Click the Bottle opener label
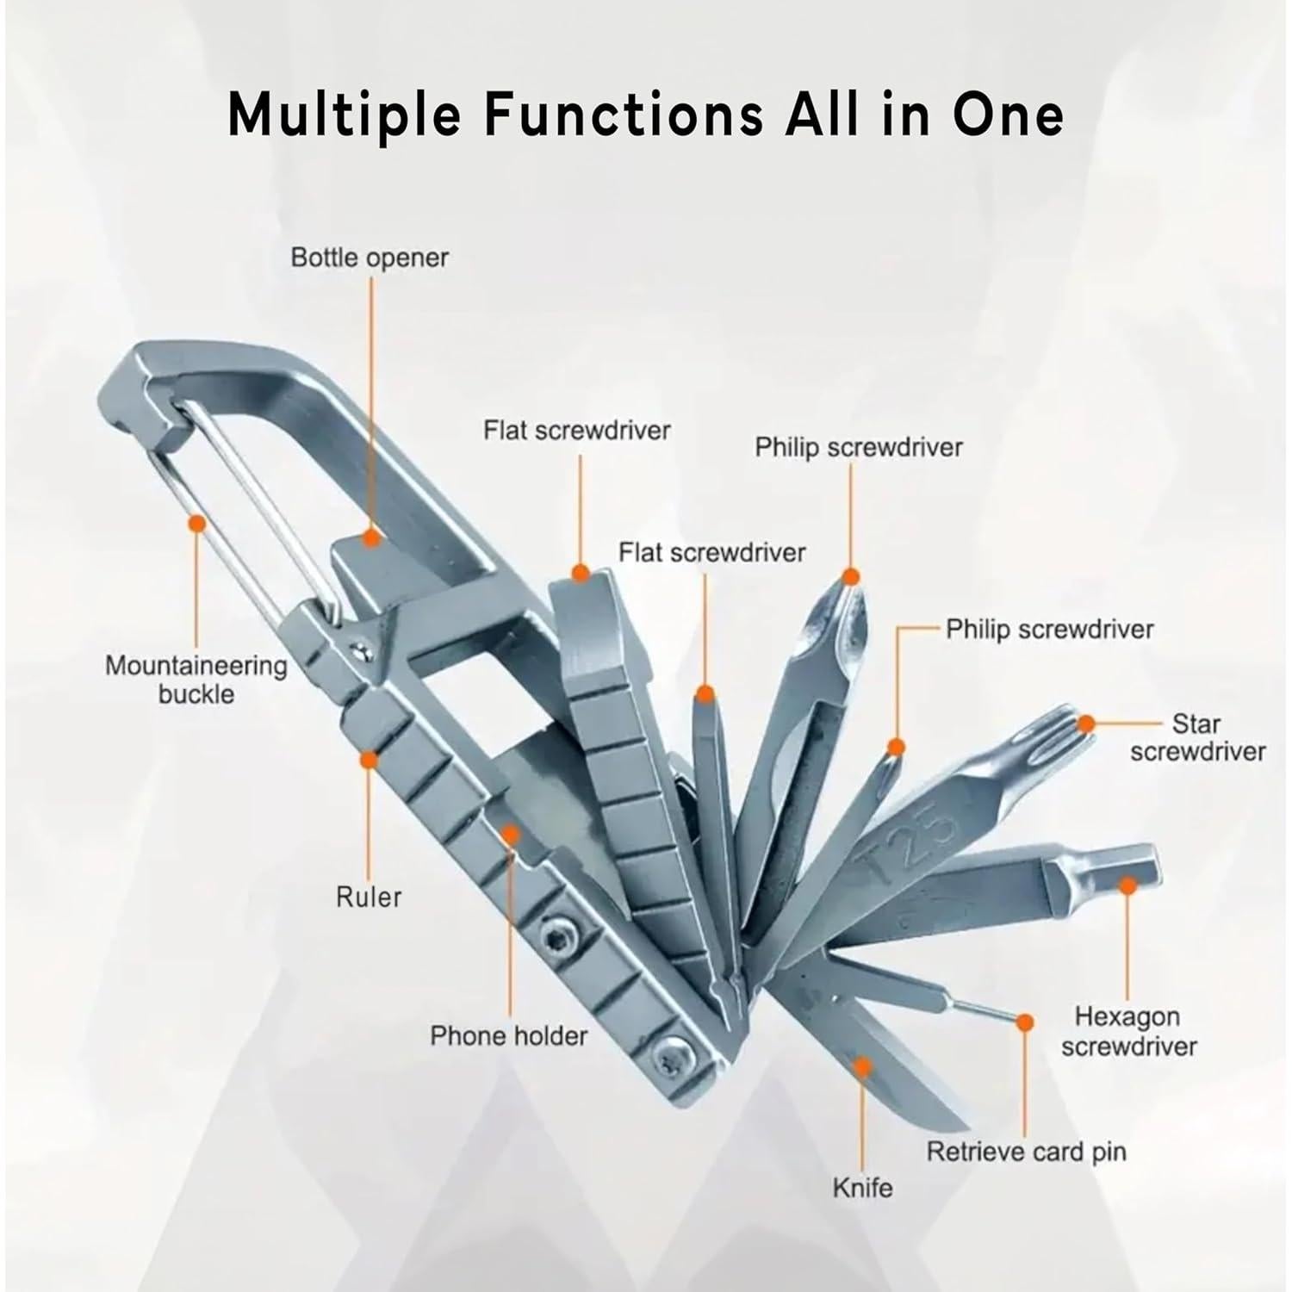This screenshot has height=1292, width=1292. click(x=370, y=258)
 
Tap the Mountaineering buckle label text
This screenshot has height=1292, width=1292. click(x=196, y=679)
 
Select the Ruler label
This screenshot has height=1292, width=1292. click(x=369, y=897)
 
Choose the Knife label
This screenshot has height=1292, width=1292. click(x=862, y=1188)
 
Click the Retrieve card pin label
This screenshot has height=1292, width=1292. click(x=1026, y=1152)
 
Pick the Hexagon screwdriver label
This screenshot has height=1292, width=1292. click(x=1128, y=1031)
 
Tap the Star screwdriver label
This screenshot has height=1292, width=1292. click(x=1197, y=737)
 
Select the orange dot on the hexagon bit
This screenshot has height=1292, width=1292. click(x=1127, y=884)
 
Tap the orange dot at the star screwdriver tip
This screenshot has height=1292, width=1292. click(x=1086, y=724)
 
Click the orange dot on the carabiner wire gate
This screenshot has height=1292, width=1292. click(x=196, y=523)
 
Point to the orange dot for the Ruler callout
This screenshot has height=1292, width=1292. click(x=369, y=760)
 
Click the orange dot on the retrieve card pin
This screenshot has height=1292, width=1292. click(x=1024, y=1022)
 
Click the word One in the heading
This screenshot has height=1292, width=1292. click(x=1007, y=114)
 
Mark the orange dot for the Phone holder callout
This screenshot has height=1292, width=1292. click(x=510, y=834)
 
